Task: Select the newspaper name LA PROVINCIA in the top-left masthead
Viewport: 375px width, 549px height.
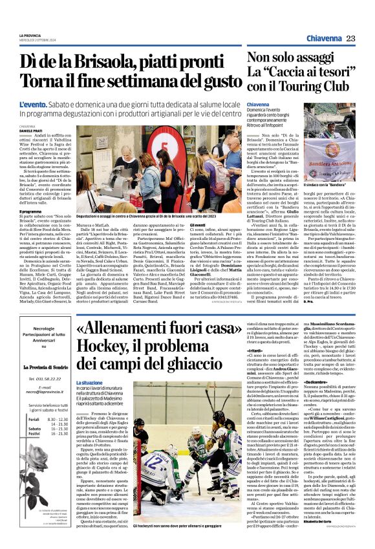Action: point(30,34)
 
